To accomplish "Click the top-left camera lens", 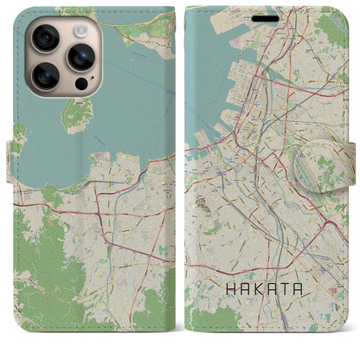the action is click(44, 39).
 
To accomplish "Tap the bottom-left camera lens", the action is click(44, 77).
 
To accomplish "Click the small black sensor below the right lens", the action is click(80, 85).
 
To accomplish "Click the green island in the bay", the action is click(79, 113).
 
